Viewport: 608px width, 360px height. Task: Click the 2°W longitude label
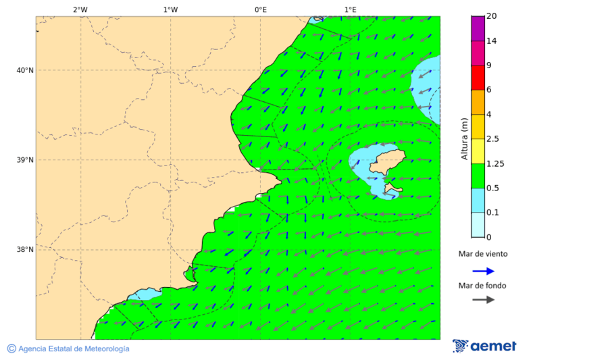click(80, 9)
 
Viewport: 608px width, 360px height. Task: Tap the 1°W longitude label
click(170, 9)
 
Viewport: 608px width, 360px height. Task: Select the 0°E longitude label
click(260, 9)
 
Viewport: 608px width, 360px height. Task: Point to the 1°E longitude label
click(350, 9)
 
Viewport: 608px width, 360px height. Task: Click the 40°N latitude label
click(25, 70)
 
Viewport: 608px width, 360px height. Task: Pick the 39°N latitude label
click(25, 160)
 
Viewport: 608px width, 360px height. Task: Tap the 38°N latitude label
click(25, 250)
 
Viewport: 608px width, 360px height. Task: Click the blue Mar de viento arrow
click(483, 271)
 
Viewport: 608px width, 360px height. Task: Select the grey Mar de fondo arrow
click(483, 300)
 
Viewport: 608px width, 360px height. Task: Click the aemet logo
click(484, 346)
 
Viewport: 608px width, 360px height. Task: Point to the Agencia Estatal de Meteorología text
click(73, 349)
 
